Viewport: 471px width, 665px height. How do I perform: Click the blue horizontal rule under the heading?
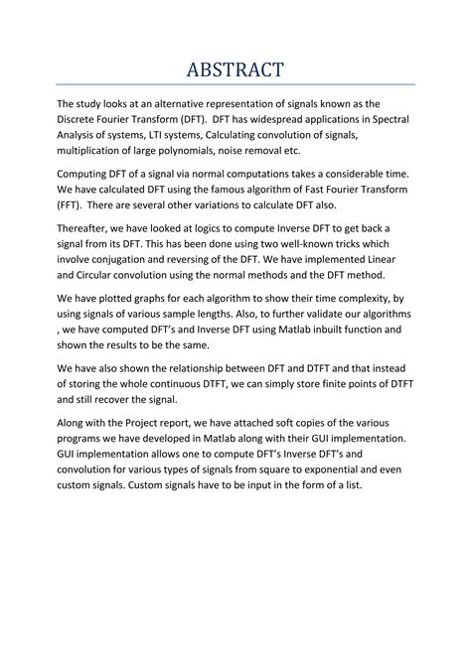235,84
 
